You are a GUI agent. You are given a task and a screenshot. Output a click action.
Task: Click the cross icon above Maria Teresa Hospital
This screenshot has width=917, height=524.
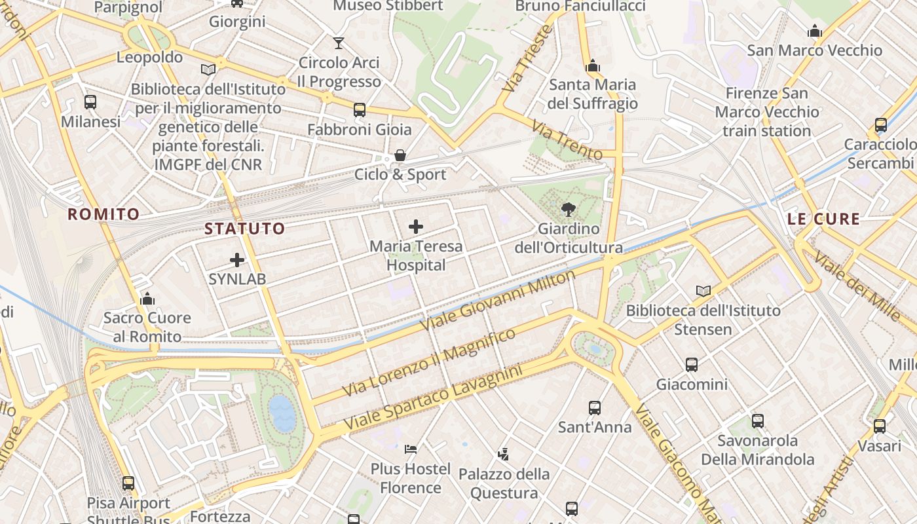point(415,227)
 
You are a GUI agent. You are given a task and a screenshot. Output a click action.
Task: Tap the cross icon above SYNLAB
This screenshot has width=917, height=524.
point(237,260)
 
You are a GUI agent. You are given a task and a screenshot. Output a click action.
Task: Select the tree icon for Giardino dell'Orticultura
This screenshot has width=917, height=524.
point(568,210)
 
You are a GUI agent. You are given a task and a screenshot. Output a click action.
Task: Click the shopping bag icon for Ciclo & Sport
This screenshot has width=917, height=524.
point(400,156)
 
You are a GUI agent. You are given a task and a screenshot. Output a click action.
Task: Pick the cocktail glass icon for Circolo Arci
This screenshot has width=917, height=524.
point(338,43)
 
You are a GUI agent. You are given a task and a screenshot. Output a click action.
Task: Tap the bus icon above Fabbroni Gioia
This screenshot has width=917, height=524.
point(359,110)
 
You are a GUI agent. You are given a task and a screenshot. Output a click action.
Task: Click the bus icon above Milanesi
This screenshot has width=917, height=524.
point(90,102)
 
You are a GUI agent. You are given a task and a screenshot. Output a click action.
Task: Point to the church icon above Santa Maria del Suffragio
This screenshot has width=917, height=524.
point(593,65)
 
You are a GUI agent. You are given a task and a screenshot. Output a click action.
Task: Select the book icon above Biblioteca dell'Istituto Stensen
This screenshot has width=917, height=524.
point(703,291)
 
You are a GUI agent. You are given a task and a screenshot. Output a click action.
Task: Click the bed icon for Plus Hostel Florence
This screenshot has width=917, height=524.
point(411,449)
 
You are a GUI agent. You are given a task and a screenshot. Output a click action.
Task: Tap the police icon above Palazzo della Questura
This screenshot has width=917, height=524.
point(503,454)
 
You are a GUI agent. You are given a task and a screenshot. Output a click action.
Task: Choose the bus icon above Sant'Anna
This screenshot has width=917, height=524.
point(595,408)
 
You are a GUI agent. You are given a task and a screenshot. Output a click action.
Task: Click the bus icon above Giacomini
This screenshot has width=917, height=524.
point(692,365)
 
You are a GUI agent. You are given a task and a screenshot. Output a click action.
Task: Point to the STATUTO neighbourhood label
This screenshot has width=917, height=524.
point(245,229)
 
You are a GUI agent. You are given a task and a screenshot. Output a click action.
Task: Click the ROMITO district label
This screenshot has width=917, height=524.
point(103,214)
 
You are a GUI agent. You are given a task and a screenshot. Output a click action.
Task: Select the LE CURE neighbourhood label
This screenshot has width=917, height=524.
point(823,219)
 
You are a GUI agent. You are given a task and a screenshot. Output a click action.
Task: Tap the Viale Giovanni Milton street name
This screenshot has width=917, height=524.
point(498,300)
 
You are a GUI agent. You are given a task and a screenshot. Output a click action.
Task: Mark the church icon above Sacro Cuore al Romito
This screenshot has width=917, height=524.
point(147,299)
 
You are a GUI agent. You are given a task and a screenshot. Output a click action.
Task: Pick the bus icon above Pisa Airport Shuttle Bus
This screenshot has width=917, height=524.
point(128,483)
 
